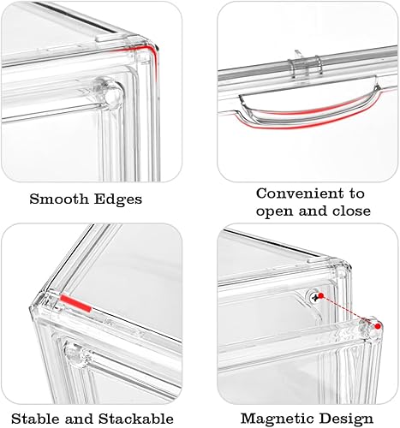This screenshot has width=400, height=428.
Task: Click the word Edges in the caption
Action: pyautogui.click(x=118, y=199)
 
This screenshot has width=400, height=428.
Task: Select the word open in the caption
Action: pyautogui.click(x=275, y=212)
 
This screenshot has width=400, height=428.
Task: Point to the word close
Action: pyautogui.click(x=351, y=211)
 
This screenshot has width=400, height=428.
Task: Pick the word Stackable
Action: pyautogui.click(x=136, y=419)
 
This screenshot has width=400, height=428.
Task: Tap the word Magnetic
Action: pyautogui.click(x=278, y=419)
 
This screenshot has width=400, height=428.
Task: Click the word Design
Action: pyautogui.click(x=346, y=419)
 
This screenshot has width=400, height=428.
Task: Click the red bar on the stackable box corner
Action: pyautogui.click(x=75, y=304)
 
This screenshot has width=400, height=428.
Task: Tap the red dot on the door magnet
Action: pyautogui.click(x=378, y=326)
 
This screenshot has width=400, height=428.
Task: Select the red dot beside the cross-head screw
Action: pyautogui.click(x=320, y=296)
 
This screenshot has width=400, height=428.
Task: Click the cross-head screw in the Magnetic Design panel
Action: pyautogui.click(x=315, y=298)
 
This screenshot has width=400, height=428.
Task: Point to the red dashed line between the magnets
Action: pyautogui.click(x=349, y=311)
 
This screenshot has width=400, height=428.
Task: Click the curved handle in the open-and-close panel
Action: pyautogui.click(x=309, y=111)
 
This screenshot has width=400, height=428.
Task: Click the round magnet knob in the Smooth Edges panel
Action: pyautogui.click(x=113, y=93)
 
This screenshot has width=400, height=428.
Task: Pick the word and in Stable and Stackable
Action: pyautogui.click(x=80, y=419)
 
